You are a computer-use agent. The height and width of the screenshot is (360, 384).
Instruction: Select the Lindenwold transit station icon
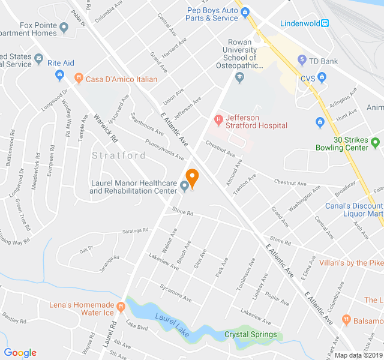click(325, 23)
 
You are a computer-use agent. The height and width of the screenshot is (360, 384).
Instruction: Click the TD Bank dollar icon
click(303, 60)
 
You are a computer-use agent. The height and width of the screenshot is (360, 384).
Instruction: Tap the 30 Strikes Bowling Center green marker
click(376, 143)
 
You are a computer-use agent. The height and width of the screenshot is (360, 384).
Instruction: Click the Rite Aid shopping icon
click(59, 75)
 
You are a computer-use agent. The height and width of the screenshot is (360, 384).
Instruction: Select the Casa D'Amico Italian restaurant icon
click(78, 78)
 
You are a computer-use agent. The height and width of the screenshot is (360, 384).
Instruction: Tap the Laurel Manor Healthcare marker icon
click(185, 187)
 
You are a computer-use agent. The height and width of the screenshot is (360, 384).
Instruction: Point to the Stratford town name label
click(119, 155)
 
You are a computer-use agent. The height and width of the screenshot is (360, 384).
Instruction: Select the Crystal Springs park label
click(250, 334)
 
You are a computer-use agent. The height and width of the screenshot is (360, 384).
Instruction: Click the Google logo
click(20, 352)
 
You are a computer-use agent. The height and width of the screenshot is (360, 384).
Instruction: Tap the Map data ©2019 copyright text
click(358, 355)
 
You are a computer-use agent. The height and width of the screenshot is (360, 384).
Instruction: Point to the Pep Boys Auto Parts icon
click(245, 13)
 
